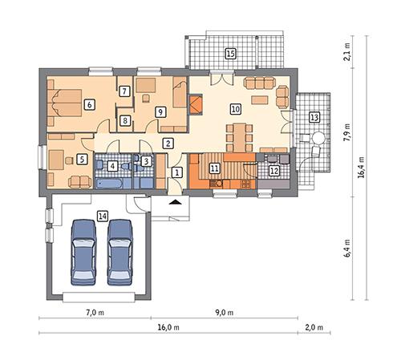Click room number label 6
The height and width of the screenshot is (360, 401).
(89, 103)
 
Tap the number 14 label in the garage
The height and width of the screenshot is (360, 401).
(102, 215)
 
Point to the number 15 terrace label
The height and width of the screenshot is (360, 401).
(231, 54)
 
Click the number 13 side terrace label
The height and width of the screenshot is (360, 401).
(314, 117)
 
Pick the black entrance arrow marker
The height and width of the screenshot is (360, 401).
(176, 204)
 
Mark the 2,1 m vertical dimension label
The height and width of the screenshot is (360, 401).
(347, 54)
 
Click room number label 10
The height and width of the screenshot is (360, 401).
(235, 107)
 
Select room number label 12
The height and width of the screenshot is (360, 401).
(273, 170)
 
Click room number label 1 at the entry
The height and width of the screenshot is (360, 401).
(178, 172)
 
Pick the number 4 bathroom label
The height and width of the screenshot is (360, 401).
(113, 165)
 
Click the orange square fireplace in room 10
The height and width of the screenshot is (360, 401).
(196, 103)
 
